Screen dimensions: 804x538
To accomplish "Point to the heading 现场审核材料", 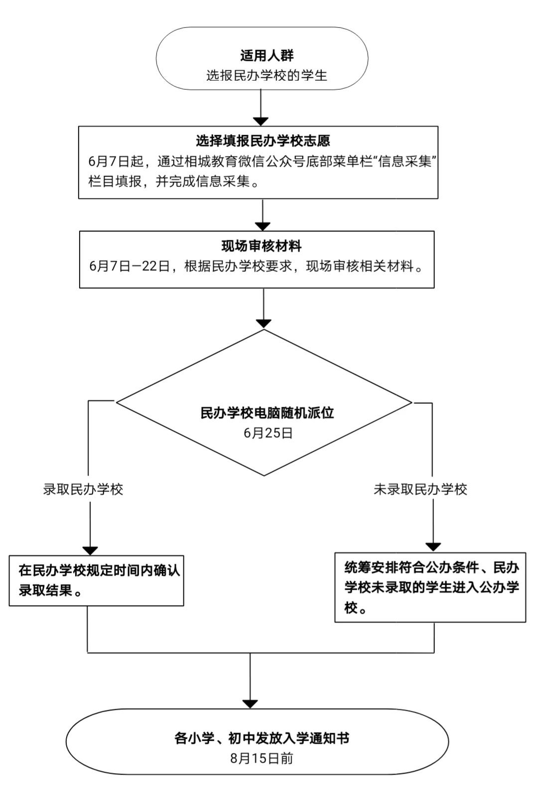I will [261, 246].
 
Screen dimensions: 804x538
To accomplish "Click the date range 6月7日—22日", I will [130, 266].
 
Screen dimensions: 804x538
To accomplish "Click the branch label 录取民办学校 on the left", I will [83, 489].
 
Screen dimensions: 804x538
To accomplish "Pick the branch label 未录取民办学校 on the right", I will [420, 489].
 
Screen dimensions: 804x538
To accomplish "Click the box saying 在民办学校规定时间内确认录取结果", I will [97, 581].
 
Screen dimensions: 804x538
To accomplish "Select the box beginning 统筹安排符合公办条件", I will [431, 588].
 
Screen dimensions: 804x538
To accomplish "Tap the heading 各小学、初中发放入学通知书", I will [262, 738].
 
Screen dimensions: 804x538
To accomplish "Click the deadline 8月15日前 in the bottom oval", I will [262, 759].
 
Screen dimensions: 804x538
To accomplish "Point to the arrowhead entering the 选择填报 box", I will [261, 122].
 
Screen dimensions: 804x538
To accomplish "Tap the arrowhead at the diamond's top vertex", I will [264, 324].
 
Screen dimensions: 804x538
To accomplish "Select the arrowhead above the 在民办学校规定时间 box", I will [90, 550].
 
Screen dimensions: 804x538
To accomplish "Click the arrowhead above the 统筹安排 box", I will [433, 547].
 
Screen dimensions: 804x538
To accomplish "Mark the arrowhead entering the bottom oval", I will [250, 703].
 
